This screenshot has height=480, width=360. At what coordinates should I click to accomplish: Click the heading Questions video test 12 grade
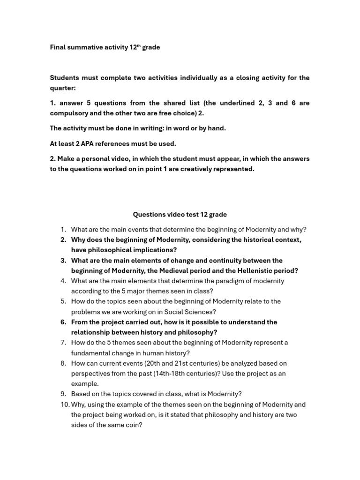[x=180, y=214]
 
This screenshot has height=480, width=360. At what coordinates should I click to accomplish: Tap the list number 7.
[x=63, y=343]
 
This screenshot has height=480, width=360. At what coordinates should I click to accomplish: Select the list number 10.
[x=64, y=405]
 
